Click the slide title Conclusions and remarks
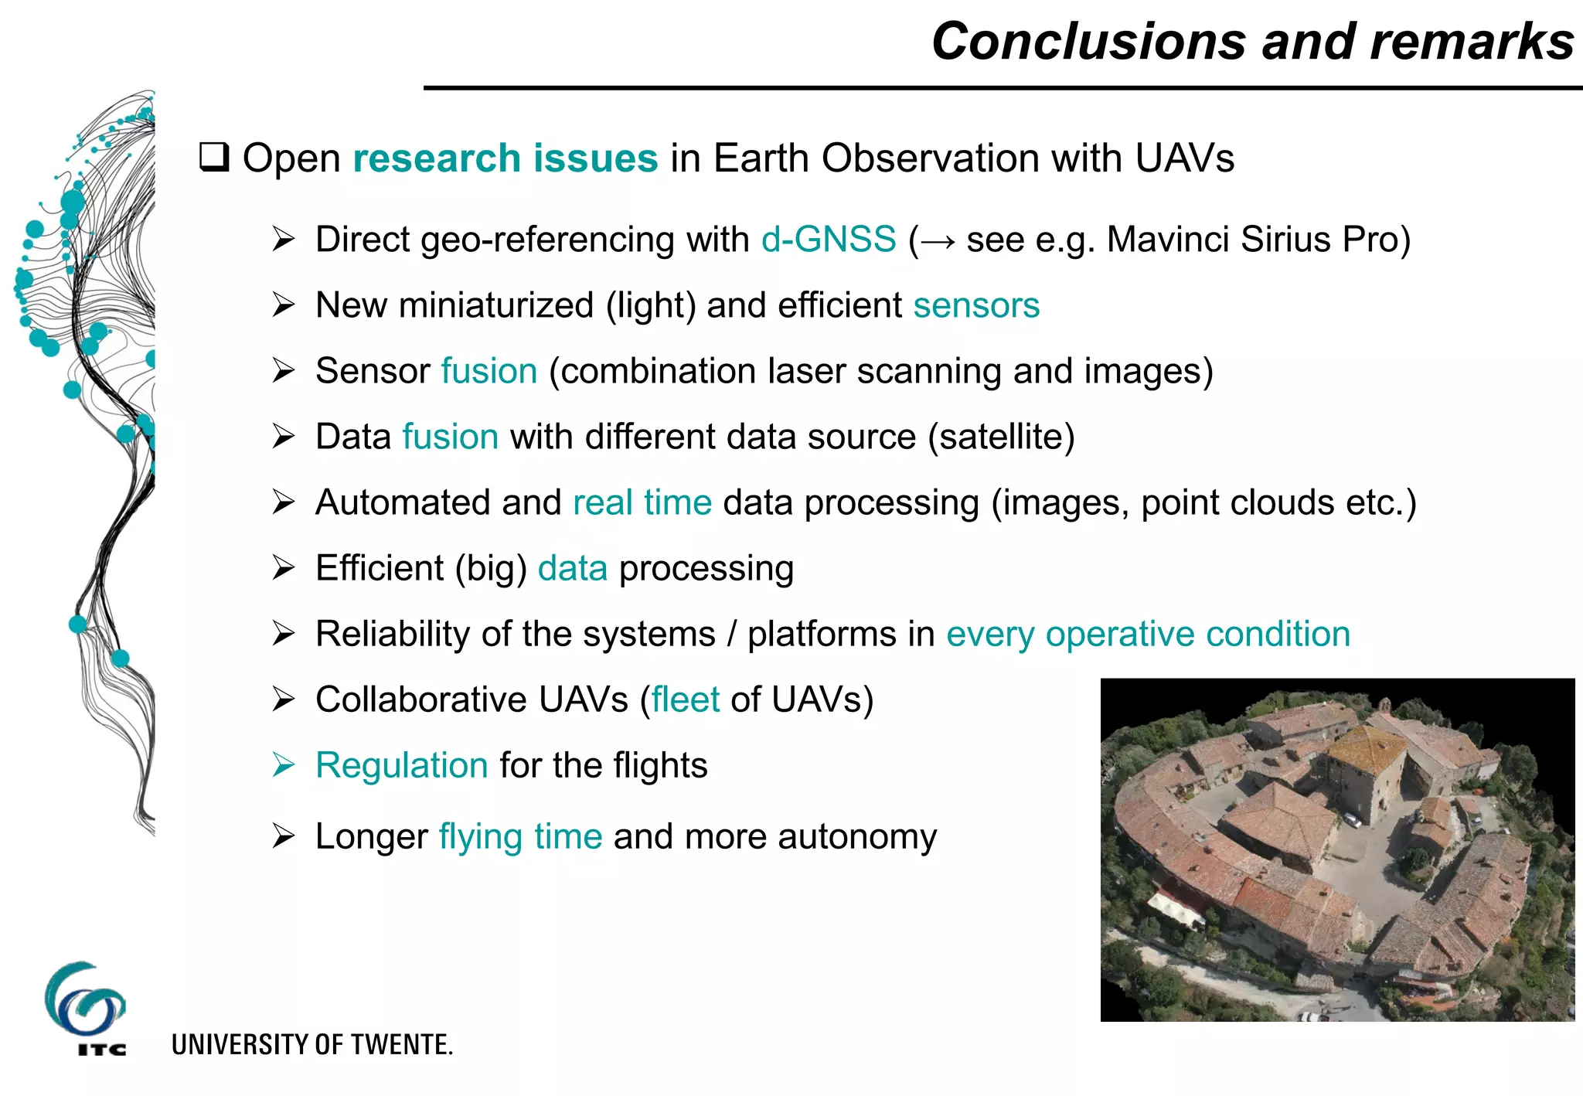coord(1252,41)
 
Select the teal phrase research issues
coord(506,158)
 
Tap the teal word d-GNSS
coord(829,240)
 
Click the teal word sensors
coord(976,305)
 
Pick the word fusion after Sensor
coord(489,371)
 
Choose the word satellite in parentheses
coord(1002,437)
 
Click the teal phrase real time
coord(642,502)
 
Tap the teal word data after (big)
coord(573,568)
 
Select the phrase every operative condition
coord(1148,634)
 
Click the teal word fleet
coord(686,699)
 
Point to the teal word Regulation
coord(402,765)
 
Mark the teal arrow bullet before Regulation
coord(284,765)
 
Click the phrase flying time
coord(520,836)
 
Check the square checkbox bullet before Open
coord(214,157)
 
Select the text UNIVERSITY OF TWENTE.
coord(311,1045)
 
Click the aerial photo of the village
coord(1337,850)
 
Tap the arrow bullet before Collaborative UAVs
coord(284,699)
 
